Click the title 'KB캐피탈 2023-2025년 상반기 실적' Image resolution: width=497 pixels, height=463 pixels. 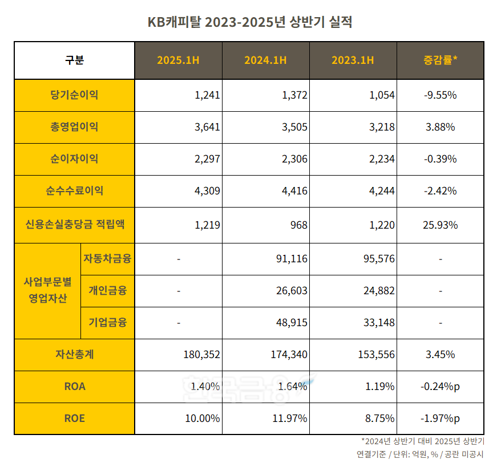tap(249, 22)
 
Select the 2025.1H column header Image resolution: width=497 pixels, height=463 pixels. tap(178, 60)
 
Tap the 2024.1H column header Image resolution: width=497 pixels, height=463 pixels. tap(265, 60)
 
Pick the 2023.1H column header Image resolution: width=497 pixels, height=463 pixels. tap(353, 60)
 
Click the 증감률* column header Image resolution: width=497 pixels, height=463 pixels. tap(440, 60)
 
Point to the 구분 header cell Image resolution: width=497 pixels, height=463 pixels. tap(74, 60)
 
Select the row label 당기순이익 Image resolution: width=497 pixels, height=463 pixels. tap(74, 95)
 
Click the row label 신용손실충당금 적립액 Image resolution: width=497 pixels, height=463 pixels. tap(74, 224)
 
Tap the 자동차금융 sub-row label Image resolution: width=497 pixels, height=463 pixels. tap(107, 259)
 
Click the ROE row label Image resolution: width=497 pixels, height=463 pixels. tap(74, 419)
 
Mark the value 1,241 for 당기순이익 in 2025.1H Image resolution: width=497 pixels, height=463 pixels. tap(207, 95)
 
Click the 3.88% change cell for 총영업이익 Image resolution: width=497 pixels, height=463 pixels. tap(440, 127)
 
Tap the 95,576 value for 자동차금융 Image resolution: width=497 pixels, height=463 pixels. tap(378, 259)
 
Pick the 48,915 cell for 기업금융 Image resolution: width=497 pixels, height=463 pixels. tap(291, 323)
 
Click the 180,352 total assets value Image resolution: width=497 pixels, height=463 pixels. tap(201, 355)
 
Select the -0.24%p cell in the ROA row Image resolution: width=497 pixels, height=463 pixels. tap(440, 387)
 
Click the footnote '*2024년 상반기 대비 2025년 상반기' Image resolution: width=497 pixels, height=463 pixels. tap(422, 441)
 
